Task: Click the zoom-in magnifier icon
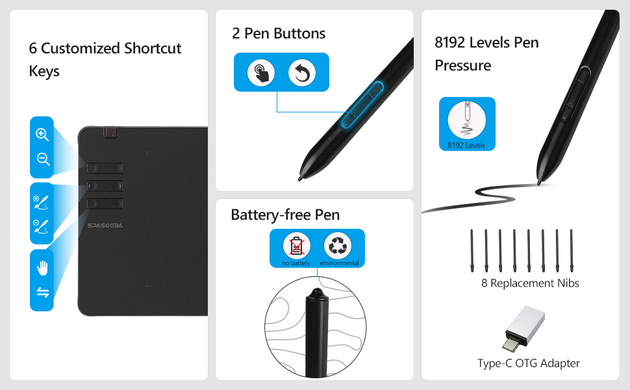[x=42, y=135]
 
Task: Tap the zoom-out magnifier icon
[x=43, y=159]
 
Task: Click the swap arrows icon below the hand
[x=43, y=292]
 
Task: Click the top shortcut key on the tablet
[x=105, y=168]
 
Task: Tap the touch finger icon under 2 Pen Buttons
[x=261, y=73]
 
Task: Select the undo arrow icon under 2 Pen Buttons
[x=301, y=73]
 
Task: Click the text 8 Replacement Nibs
[x=530, y=283]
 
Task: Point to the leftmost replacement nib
[x=472, y=251]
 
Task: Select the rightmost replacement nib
[x=572, y=251]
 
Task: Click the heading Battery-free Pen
[x=285, y=214]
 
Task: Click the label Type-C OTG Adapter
[x=528, y=363]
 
